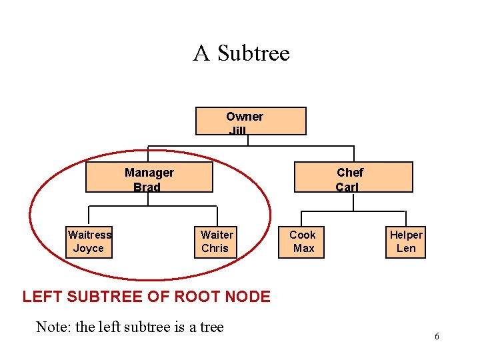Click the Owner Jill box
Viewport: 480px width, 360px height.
pos(250,121)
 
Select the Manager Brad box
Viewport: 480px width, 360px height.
pos(149,177)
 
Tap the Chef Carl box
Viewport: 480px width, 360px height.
pos(354,177)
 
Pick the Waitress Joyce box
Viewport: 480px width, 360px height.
pos(89,241)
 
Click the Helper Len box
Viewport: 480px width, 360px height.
pos(406,241)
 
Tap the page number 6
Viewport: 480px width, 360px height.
pos(437,337)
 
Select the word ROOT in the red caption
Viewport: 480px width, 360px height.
pos(191,297)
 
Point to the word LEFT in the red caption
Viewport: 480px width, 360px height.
pos(41,297)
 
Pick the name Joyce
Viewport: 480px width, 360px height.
pos(89,249)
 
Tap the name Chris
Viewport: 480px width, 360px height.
pos(215,249)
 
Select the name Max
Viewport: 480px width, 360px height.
pos(303,249)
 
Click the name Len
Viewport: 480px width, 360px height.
pos(406,249)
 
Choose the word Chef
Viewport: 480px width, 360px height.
pos(350,173)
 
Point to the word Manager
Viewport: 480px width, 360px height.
pos(149,173)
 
